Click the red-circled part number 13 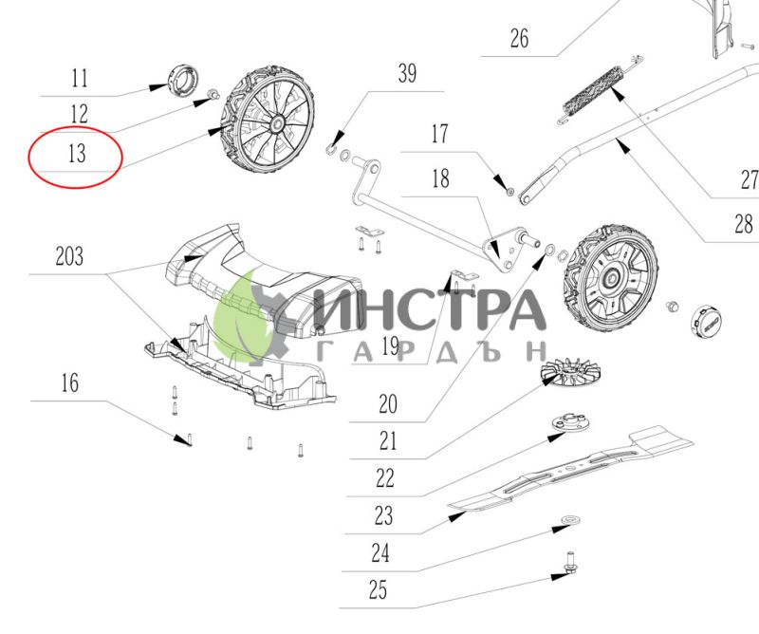[77, 153]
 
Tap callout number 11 [80, 78]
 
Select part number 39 [407, 73]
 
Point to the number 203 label [69, 256]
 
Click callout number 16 [70, 382]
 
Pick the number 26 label [519, 38]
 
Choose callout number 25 [378, 590]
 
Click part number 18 [440, 178]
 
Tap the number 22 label [385, 478]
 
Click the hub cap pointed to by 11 [183, 79]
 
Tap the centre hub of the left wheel [278, 123]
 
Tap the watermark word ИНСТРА [430, 310]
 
